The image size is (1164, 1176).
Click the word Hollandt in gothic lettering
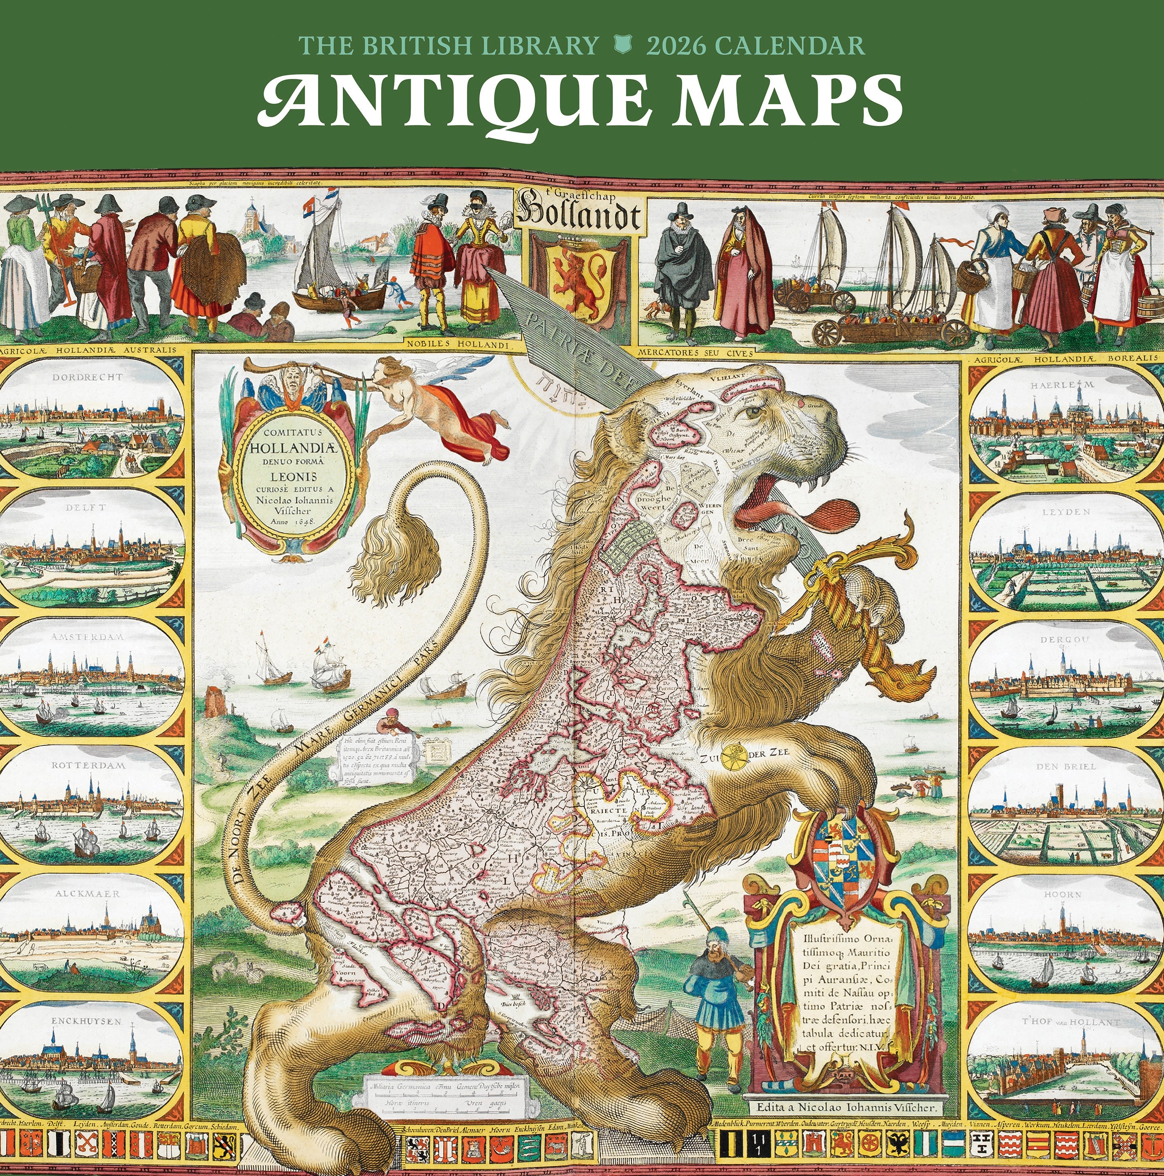(x=578, y=215)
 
